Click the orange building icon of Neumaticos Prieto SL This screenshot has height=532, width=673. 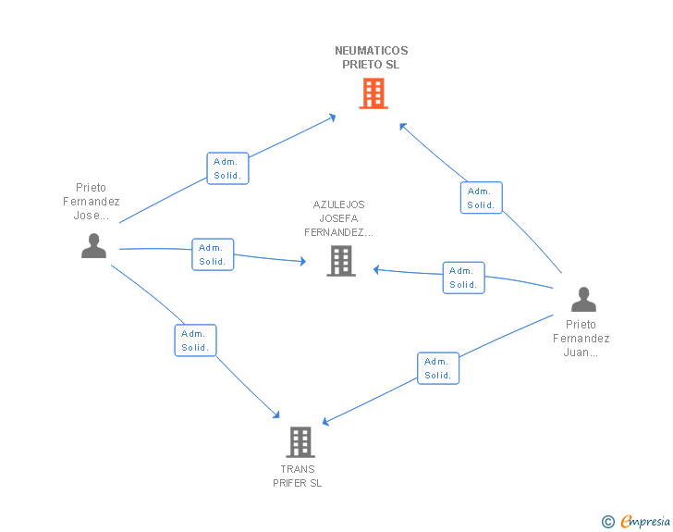coord(373,93)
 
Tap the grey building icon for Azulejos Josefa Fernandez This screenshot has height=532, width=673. coord(341,261)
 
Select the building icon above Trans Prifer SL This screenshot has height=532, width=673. coord(300,442)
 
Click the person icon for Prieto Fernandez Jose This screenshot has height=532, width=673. coord(93,246)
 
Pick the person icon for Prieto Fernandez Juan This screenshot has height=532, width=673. coord(583,299)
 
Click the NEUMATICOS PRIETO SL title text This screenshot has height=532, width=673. coord(372,57)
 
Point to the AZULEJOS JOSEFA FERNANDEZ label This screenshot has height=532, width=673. coord(338,218)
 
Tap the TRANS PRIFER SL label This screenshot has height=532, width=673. coord(298,476)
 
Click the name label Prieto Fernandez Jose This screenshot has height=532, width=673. coord(91,202)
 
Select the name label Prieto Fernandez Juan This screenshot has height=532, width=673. coord(581,339)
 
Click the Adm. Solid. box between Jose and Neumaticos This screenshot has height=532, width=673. coord(227,168)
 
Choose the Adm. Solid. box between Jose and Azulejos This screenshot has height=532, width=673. coord(213,254)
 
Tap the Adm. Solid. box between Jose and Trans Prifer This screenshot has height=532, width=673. coord(195,340)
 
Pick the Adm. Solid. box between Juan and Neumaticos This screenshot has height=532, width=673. coord(481,198)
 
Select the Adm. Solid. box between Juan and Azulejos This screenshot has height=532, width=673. coord(463,278)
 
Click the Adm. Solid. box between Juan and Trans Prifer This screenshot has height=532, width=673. coord(438,368)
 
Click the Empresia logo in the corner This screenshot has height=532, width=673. coord(645,521)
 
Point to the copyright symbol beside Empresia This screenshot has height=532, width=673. coord(607,522)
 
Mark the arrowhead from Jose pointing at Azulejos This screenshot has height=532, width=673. coord(303,261)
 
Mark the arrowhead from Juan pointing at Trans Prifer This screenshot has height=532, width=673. coord(325,422)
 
